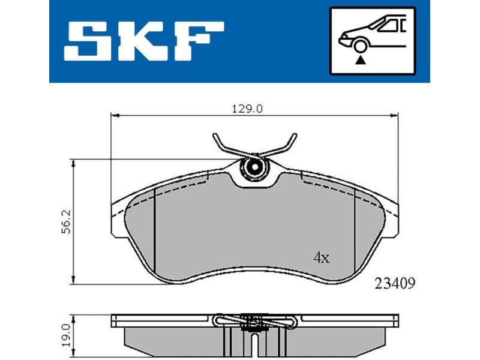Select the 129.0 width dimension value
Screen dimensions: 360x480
[248, 108]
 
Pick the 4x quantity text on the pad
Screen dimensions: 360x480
[321, 258]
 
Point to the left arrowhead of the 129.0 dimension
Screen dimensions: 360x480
[115, 115]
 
